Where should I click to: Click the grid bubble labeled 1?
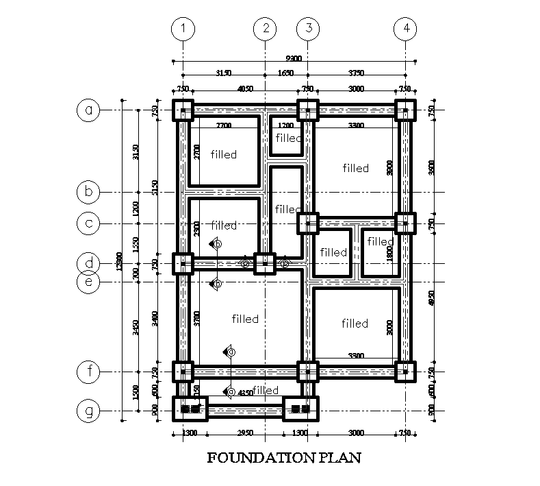point(183,29)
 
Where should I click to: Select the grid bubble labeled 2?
point(265,29)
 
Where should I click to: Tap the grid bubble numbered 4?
point(406,29)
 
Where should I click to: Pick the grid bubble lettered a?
point(88,110)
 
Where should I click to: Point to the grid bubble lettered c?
point(88,223)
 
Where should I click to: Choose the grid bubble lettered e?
point(88,281)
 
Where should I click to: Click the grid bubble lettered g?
point(88,411)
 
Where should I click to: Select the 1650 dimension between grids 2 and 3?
point(286,73)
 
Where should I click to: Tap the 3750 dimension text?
point(357,73)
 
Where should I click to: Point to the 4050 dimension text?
point(245,88)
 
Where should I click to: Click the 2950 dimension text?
point(245,433)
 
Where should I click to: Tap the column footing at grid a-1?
point(183,110)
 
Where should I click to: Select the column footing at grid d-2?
point(265,263)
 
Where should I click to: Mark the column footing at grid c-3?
point(308,223)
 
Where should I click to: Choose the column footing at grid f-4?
point(406,372)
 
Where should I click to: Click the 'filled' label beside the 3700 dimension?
point(245,319)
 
